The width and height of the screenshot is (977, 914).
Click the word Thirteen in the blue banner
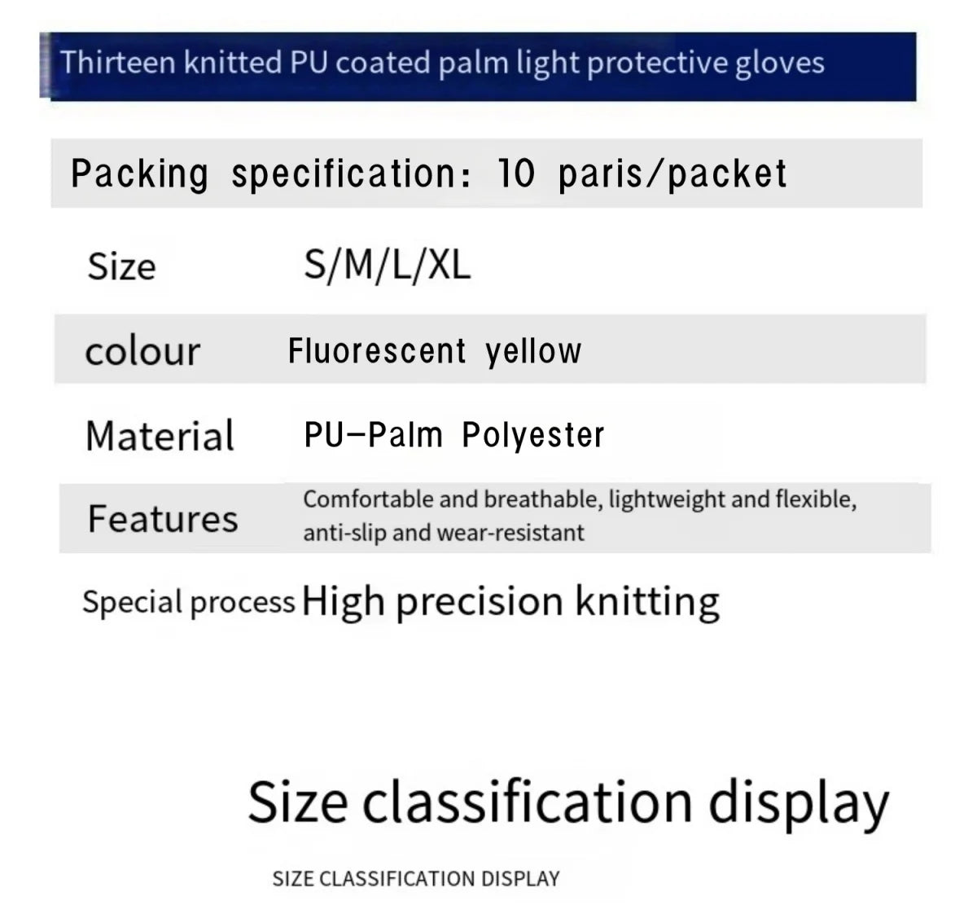coord(117,63)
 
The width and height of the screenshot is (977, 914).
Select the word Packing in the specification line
coord(139,174)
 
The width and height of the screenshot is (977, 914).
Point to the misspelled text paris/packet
coord(672,174)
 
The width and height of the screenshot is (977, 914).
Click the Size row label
coord(121,266)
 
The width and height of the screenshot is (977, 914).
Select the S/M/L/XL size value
coord(387,265)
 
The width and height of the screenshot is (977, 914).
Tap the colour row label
coord(142,351)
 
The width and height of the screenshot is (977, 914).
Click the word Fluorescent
coord(377,351)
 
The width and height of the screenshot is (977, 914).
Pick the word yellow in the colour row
coord(533,351)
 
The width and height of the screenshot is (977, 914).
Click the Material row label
coord(160,436)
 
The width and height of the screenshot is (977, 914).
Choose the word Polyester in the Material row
coord(532,435)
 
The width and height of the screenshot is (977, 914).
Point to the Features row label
coord(162,519)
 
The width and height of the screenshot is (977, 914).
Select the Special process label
coord(188,602)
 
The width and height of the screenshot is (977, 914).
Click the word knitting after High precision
coord(647,602)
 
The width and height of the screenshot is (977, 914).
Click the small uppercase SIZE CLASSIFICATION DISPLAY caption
coord(416,878)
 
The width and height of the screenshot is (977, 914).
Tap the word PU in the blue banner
coord(309,63)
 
